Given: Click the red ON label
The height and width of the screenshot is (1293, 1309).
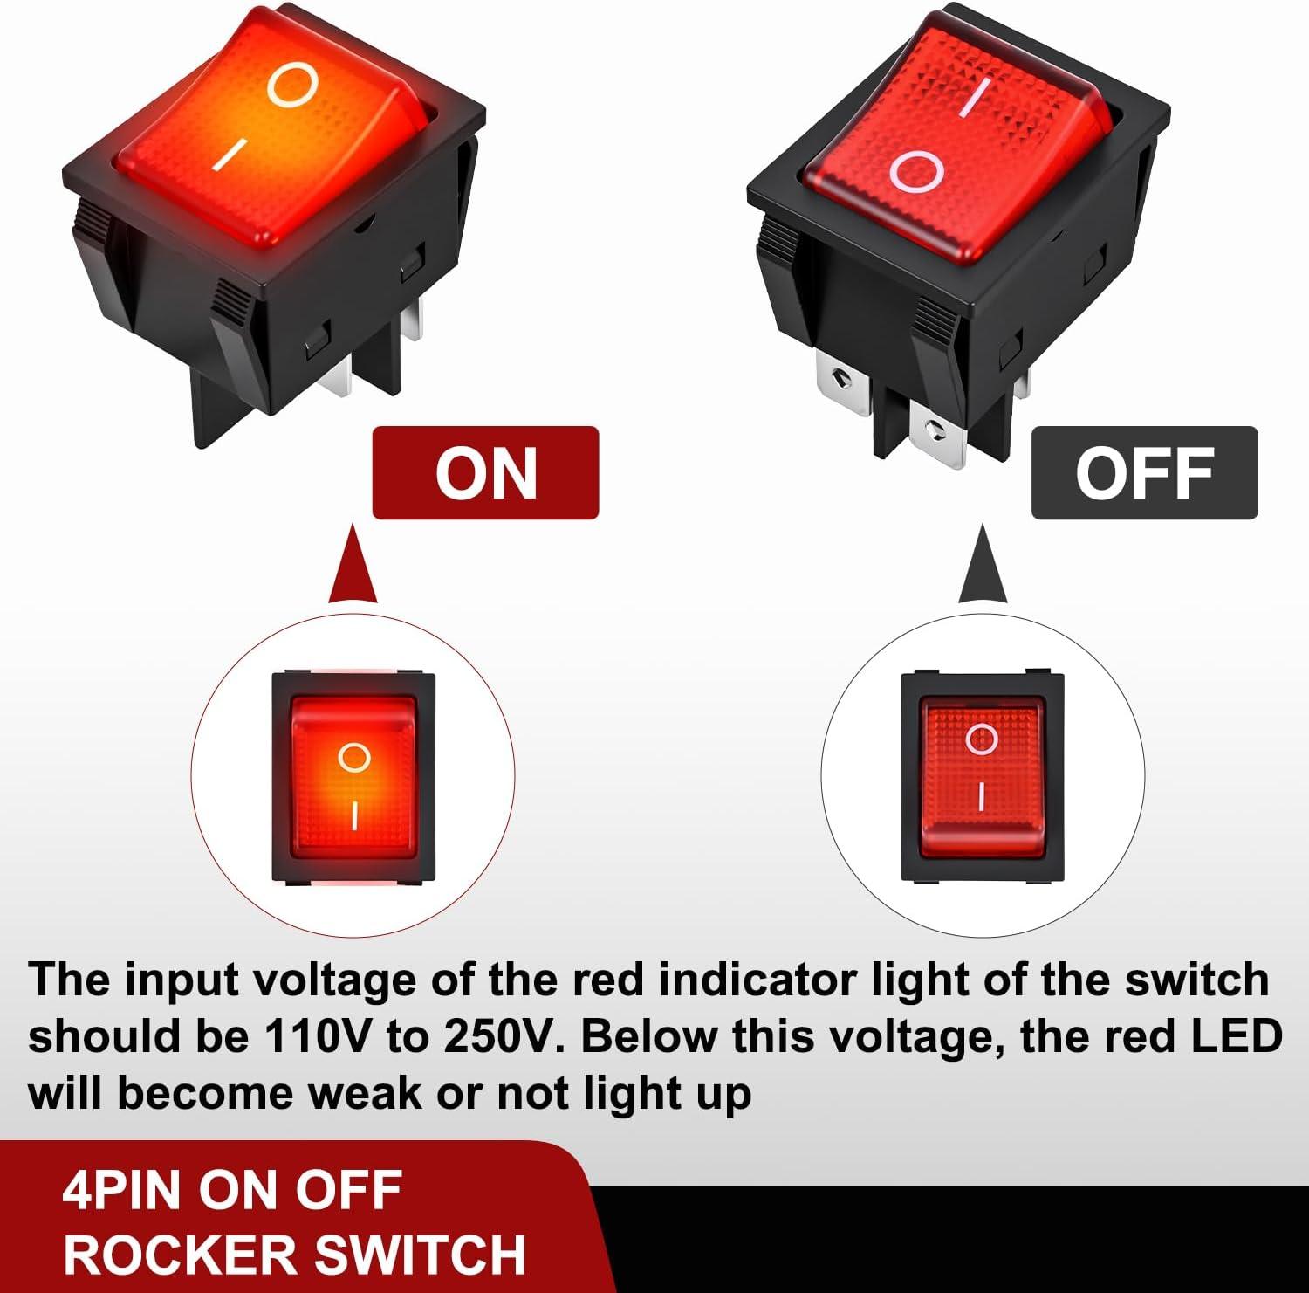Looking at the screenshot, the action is [485, 473].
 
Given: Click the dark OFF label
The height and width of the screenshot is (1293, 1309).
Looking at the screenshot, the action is [1144, 473].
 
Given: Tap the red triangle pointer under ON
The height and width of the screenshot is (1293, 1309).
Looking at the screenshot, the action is [353, 566].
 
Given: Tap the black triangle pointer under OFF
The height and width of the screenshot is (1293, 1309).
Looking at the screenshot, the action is [983, 566].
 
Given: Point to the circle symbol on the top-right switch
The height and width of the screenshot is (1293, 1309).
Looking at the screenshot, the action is [917, 172].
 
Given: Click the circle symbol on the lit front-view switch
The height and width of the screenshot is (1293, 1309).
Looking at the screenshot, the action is [353, 757].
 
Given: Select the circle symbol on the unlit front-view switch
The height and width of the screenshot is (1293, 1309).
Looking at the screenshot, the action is [981, 739].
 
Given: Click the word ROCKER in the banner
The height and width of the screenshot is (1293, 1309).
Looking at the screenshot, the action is [182, 1255].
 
